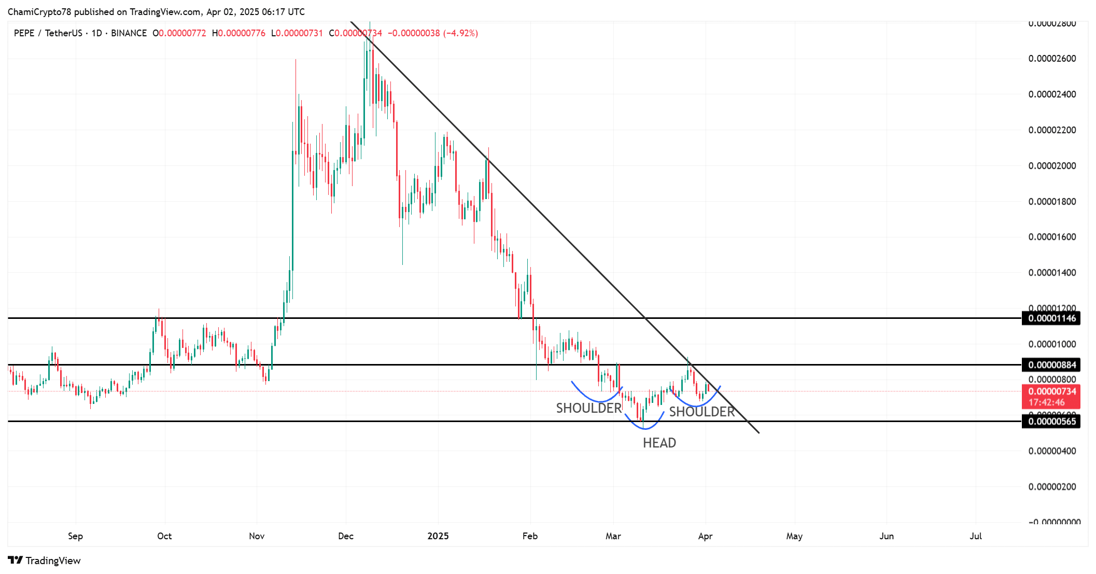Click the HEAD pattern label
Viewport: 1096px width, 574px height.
tap(659, 443)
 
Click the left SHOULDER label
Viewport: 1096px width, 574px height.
tap(588, 408)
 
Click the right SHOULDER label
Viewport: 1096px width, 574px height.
tap(701, 412)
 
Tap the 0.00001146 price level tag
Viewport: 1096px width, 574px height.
tap(1052, 318)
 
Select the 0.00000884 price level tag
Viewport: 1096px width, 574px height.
tap(1052, 365)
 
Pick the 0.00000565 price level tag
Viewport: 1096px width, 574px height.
tap(1052, 422)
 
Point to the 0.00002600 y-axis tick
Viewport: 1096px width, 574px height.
tap(1052, 59)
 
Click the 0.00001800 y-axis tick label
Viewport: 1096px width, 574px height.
tap(1052, 202)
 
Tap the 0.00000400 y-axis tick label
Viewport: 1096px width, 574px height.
tap(1052, 451)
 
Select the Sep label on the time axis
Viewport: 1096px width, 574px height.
tap(75, 536)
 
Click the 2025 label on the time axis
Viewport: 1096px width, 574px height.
tap(438, 536)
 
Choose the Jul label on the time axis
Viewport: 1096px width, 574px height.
tap(975, 536)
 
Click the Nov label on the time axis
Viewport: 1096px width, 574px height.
tap(257, 536)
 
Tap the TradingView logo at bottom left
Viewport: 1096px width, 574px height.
tap(45, 561)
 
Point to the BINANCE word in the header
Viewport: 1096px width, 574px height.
tap(129, 33)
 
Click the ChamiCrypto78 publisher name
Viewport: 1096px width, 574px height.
tap(39, 12)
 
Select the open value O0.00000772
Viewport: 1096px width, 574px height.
tap(179, 33)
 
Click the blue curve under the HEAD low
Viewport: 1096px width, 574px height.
tap(644, 428)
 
